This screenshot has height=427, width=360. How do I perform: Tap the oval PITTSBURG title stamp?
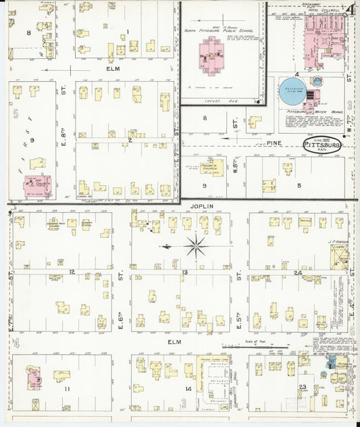(x=322, y=145)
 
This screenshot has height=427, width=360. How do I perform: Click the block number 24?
(x=298, y=272)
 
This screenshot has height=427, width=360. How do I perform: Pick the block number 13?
(x=184, y=272)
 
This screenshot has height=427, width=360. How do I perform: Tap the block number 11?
(x=68, y=389)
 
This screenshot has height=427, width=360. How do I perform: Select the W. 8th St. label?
(x=236, y=167)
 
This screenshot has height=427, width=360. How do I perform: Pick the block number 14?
(x=187, y=389)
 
